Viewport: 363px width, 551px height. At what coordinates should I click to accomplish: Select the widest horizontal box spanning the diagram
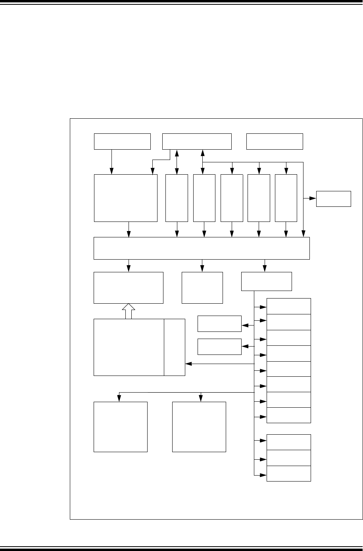coord(202,248)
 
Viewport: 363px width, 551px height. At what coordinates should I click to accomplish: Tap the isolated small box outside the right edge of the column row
coord(333,198)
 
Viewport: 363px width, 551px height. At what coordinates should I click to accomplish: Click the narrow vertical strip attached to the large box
coord(175,347)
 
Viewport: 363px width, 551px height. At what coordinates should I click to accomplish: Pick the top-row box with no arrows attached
coord(275,141)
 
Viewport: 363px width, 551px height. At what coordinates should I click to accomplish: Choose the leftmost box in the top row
coord(122,141)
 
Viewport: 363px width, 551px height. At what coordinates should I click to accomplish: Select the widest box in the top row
coord(197,141)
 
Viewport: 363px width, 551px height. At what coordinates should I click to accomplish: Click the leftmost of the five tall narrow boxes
coord(177,198)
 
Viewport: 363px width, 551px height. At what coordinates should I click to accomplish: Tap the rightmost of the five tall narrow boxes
coord(286,198)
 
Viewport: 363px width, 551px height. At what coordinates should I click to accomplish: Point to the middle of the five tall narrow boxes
coord(232,198)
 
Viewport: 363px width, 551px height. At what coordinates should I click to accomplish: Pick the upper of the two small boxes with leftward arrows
coord(219,324)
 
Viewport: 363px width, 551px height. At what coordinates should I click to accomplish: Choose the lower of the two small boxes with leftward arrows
coord(219,347)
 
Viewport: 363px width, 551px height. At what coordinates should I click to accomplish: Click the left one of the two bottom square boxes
coord(121,427)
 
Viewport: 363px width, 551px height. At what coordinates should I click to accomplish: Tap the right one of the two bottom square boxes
coord(199,427)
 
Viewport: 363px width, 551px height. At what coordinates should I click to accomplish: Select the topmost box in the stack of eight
coord(289,306)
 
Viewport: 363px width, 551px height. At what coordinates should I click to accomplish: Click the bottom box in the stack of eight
coord(289,415)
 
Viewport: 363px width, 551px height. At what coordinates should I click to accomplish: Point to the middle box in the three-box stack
coord(289,458)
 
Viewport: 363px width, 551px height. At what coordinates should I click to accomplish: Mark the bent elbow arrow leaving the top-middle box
coord(161,160)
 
